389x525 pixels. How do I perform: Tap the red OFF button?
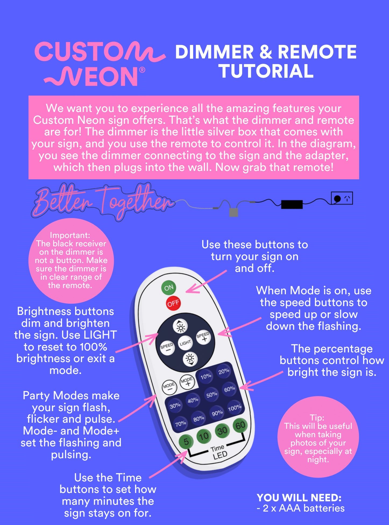click(x=173, y=303)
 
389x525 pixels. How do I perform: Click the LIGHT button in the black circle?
click(x=185, y=343)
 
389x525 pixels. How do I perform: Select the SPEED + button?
click(x=203, y=337)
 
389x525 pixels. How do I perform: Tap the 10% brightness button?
click(x=206, y=376)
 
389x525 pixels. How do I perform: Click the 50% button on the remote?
click(x=212, y=395)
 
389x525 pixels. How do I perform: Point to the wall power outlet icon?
click(x=342, y=198)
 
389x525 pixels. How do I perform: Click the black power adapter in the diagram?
click(x=292, y=204)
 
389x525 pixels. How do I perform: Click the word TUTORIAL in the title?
click(x=266, y=71)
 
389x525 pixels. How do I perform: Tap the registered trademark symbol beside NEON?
click(x=142, y=70)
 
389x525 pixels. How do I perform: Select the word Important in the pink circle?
click(x=70, y=235)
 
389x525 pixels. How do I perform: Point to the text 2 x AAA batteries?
click(x=301, y=508)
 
